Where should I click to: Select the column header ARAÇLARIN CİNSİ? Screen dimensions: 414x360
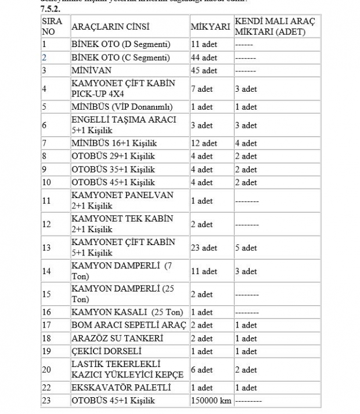tap(110, 27)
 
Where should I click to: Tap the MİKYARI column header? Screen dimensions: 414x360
tap(210, 27)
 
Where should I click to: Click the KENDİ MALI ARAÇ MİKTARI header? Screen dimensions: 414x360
tap(275, 27)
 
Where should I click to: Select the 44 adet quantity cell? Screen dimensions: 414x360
tap(204, 57)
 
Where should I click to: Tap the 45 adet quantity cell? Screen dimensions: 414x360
tap(204, 70)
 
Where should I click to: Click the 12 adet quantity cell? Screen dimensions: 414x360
tap(204, 143)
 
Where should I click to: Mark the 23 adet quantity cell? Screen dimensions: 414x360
tap(204, 248)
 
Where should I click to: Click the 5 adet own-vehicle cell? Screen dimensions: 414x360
tap(246, 248)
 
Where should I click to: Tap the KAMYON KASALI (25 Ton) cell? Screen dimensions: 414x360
tap(127, 312)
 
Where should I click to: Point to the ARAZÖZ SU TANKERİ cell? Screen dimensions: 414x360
tap(117, 338)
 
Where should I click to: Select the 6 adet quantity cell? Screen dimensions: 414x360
tap(201, 370)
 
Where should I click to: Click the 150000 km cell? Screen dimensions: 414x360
tap(211, 401)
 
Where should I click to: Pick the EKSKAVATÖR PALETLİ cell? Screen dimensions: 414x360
tap(121, 387)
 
